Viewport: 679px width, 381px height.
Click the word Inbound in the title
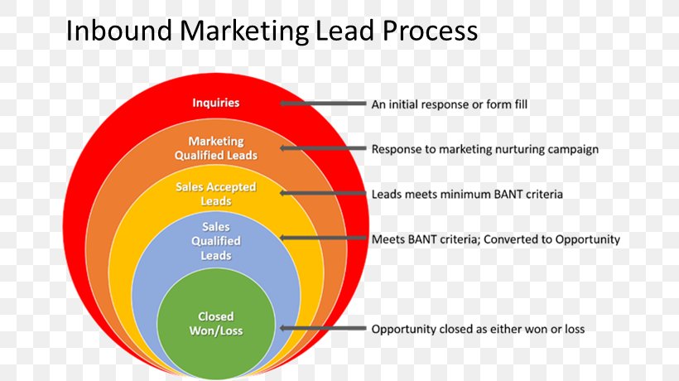click(119, 31)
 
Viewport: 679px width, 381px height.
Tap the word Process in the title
click(430, 31)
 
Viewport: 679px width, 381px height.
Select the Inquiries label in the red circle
click(215, 103)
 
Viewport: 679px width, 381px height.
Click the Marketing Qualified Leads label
click(216, 148)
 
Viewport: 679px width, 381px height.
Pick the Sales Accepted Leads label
click(215, 194)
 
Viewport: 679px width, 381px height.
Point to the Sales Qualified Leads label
click(215, 241)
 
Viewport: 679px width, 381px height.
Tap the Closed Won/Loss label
click(215, 323)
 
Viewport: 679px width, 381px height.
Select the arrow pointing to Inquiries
click(323, 104)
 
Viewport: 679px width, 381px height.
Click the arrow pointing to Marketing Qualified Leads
click(323, 148)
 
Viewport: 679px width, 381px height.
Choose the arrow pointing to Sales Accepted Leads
click(323, 193)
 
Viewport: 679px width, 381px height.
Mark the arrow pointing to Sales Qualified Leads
click(323, 238)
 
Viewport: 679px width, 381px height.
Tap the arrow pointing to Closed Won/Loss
click(323, 328)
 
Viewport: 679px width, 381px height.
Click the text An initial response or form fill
click(450, 104)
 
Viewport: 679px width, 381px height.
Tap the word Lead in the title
click(345, 31)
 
